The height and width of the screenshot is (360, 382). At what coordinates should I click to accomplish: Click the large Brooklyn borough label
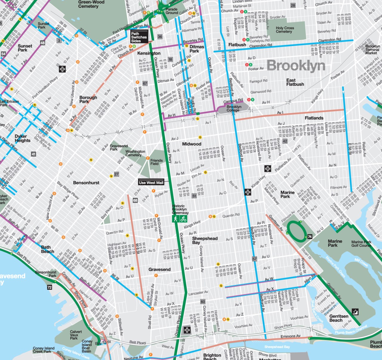[x=295, y=65]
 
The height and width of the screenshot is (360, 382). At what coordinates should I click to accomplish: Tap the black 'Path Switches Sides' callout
[x=139, y=37]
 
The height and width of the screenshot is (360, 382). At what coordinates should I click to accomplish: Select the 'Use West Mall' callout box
[x=151, y=183]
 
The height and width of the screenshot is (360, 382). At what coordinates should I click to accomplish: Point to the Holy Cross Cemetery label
[x=285, y=30]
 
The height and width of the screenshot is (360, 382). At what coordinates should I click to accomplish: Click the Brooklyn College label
[x=234, y=108]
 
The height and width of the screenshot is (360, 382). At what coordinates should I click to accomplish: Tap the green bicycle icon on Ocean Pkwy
[x=183, y=219]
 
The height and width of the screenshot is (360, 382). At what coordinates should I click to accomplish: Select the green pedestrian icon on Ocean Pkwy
[x=175, y=219]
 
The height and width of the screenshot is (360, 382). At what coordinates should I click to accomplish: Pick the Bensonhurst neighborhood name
[x=86, y=183]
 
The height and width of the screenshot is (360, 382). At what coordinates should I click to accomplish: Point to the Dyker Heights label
[x=22, y=138]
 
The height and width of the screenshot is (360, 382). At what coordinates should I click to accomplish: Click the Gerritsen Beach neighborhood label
[x=338, y=318]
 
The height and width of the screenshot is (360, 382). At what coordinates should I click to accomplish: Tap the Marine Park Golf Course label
[x=361, y=243]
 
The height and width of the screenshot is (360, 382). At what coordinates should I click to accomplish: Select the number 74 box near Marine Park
[x=310, y=237]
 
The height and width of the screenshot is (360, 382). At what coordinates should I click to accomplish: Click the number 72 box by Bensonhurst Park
[x=50, y=287]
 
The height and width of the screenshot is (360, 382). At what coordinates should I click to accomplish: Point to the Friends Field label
[x=156, y=162]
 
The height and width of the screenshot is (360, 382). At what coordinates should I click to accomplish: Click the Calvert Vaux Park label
[x=76, y=335]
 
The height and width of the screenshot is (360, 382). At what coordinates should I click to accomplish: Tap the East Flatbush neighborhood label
[x=295, y=82]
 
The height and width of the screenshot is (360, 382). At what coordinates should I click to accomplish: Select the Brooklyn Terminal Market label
[x=372, y=50]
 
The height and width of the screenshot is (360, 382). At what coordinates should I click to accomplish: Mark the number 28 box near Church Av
[x=293, y=5]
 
